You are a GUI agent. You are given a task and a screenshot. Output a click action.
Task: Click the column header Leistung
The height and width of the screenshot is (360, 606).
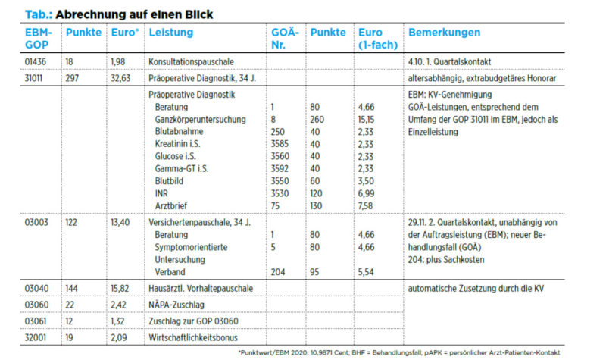coord(171,33)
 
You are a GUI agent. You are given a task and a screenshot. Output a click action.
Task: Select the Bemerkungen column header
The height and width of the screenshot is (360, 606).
coord(444,33)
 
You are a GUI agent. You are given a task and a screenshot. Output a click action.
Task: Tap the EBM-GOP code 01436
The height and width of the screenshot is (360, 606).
coord(35,62)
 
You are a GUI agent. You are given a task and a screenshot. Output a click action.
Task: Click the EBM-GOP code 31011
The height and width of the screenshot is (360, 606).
coord(34,79)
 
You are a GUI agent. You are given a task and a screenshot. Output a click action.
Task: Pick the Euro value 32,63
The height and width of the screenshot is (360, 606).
coord(120,79)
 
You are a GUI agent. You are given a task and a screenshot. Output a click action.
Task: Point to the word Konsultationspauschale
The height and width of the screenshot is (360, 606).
coord(191,62)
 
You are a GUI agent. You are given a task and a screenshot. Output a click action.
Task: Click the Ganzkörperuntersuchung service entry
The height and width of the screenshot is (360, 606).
coord(200,120)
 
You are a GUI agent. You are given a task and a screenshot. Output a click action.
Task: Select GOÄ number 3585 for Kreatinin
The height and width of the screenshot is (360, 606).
coord(280,144)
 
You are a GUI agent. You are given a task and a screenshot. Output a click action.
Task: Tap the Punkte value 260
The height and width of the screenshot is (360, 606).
coord(317,120)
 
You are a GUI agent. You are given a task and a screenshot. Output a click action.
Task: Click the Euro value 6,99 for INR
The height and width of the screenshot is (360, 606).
coord(366,194)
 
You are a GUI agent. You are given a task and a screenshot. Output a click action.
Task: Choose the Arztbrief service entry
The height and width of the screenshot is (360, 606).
coord(171,205)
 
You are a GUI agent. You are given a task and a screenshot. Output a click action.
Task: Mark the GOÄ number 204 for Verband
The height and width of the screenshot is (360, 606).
coord(278,272)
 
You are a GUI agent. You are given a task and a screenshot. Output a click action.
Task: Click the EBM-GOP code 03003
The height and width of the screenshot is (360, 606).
coord(36,222)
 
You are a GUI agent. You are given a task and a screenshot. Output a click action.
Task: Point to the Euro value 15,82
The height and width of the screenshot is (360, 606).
coord(120,289)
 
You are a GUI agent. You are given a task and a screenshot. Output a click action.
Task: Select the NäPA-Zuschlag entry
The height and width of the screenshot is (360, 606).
coord(176,305)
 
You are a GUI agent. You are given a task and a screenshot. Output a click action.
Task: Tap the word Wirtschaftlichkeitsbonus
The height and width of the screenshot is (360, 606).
coord(193,337)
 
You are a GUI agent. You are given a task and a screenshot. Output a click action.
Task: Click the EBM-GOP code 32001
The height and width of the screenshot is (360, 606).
coord(35,337)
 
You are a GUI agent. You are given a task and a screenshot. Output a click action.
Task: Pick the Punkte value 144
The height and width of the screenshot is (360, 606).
coord(71,289)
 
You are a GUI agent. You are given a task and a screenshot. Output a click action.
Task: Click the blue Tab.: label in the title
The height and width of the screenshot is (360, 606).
coord(39,14)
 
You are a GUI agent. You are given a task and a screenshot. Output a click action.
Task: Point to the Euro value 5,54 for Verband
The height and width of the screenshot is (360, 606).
coord(366,272)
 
